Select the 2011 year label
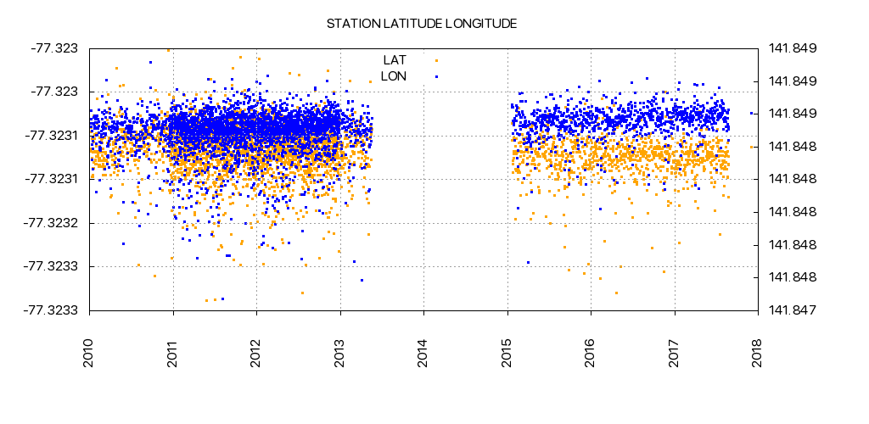pos(174,353)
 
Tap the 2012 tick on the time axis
pos(257,353)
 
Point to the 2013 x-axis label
pos(341,353)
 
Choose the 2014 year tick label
pos(424,353)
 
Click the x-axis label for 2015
pos(507,353)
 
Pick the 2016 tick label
pos(591,353)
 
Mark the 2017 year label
pos(675,353)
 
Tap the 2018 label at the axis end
pos(758,353)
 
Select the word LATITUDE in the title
pos(412,24)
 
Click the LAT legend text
pos(395,60)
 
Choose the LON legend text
pos(394,76)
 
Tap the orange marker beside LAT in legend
pos(436,60)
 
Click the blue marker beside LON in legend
pos(436,76)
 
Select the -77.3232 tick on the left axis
pos(53,223)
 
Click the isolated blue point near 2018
pos(751,113)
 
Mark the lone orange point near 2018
pos(751,147)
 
